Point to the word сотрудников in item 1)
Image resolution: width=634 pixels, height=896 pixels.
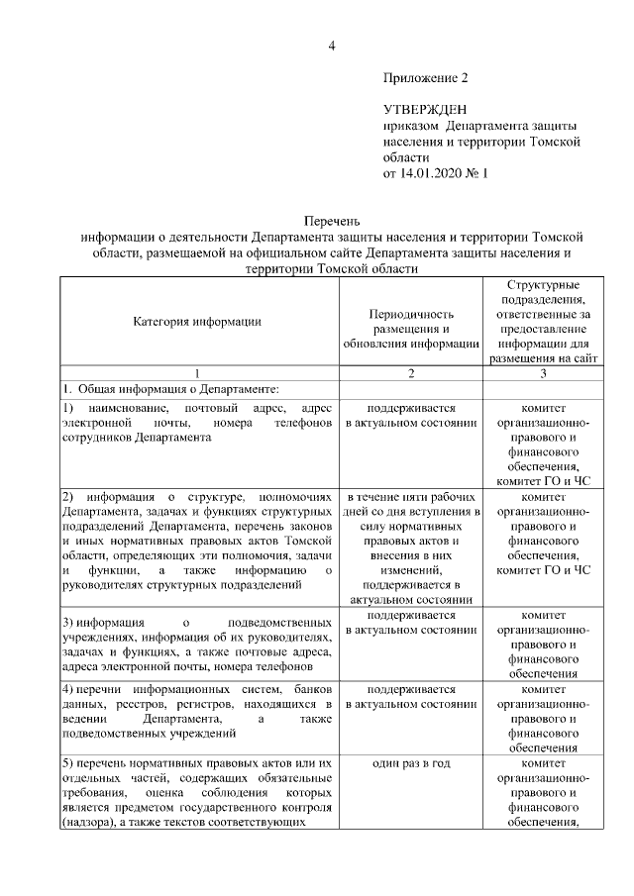coord(97,437)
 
